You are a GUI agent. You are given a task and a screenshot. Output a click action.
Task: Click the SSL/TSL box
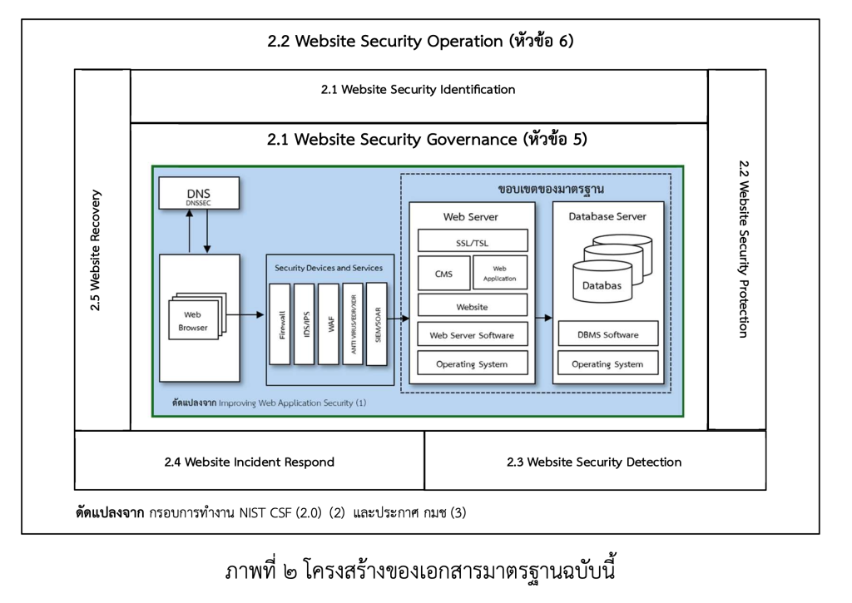click(472, 241)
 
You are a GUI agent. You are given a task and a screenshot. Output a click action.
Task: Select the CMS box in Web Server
click(443, 273)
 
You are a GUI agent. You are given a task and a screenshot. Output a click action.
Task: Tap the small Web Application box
click(499, 273)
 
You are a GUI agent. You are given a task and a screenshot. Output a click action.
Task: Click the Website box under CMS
click(472, 305)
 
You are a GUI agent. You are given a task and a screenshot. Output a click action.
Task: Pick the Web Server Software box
click(472, 335)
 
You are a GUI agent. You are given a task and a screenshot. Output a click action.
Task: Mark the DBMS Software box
click(608, 334)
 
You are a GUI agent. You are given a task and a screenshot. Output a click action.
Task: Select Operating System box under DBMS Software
click(608, 363)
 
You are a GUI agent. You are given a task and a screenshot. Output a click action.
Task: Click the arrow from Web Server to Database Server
click(543, 318)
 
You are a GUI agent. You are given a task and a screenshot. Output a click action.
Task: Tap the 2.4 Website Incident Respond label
click(250, 462)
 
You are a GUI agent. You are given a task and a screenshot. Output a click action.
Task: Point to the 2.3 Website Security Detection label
click(594, 462)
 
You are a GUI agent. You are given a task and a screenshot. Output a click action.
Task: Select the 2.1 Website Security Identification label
click(419, 89)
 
